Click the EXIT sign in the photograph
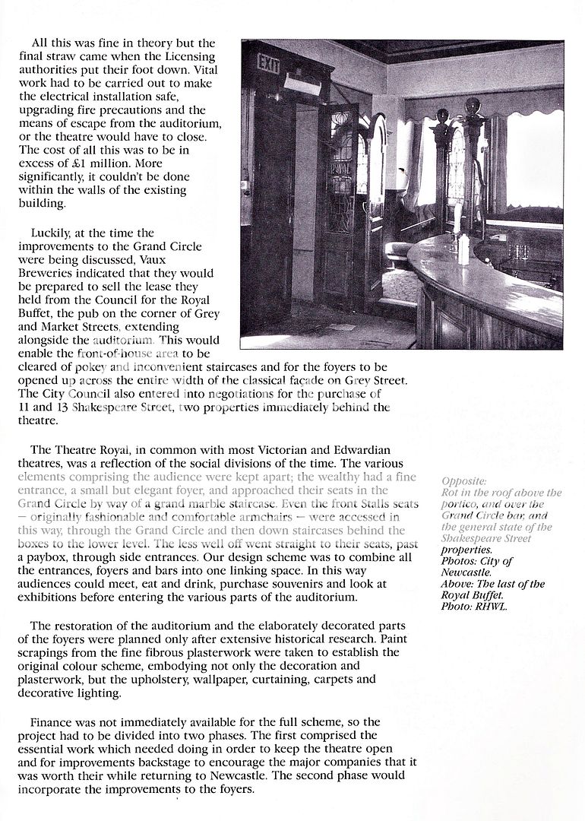click(x=268, y=64)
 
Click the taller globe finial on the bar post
click(x=472, y=106)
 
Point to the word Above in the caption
click(x=457, y=585)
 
